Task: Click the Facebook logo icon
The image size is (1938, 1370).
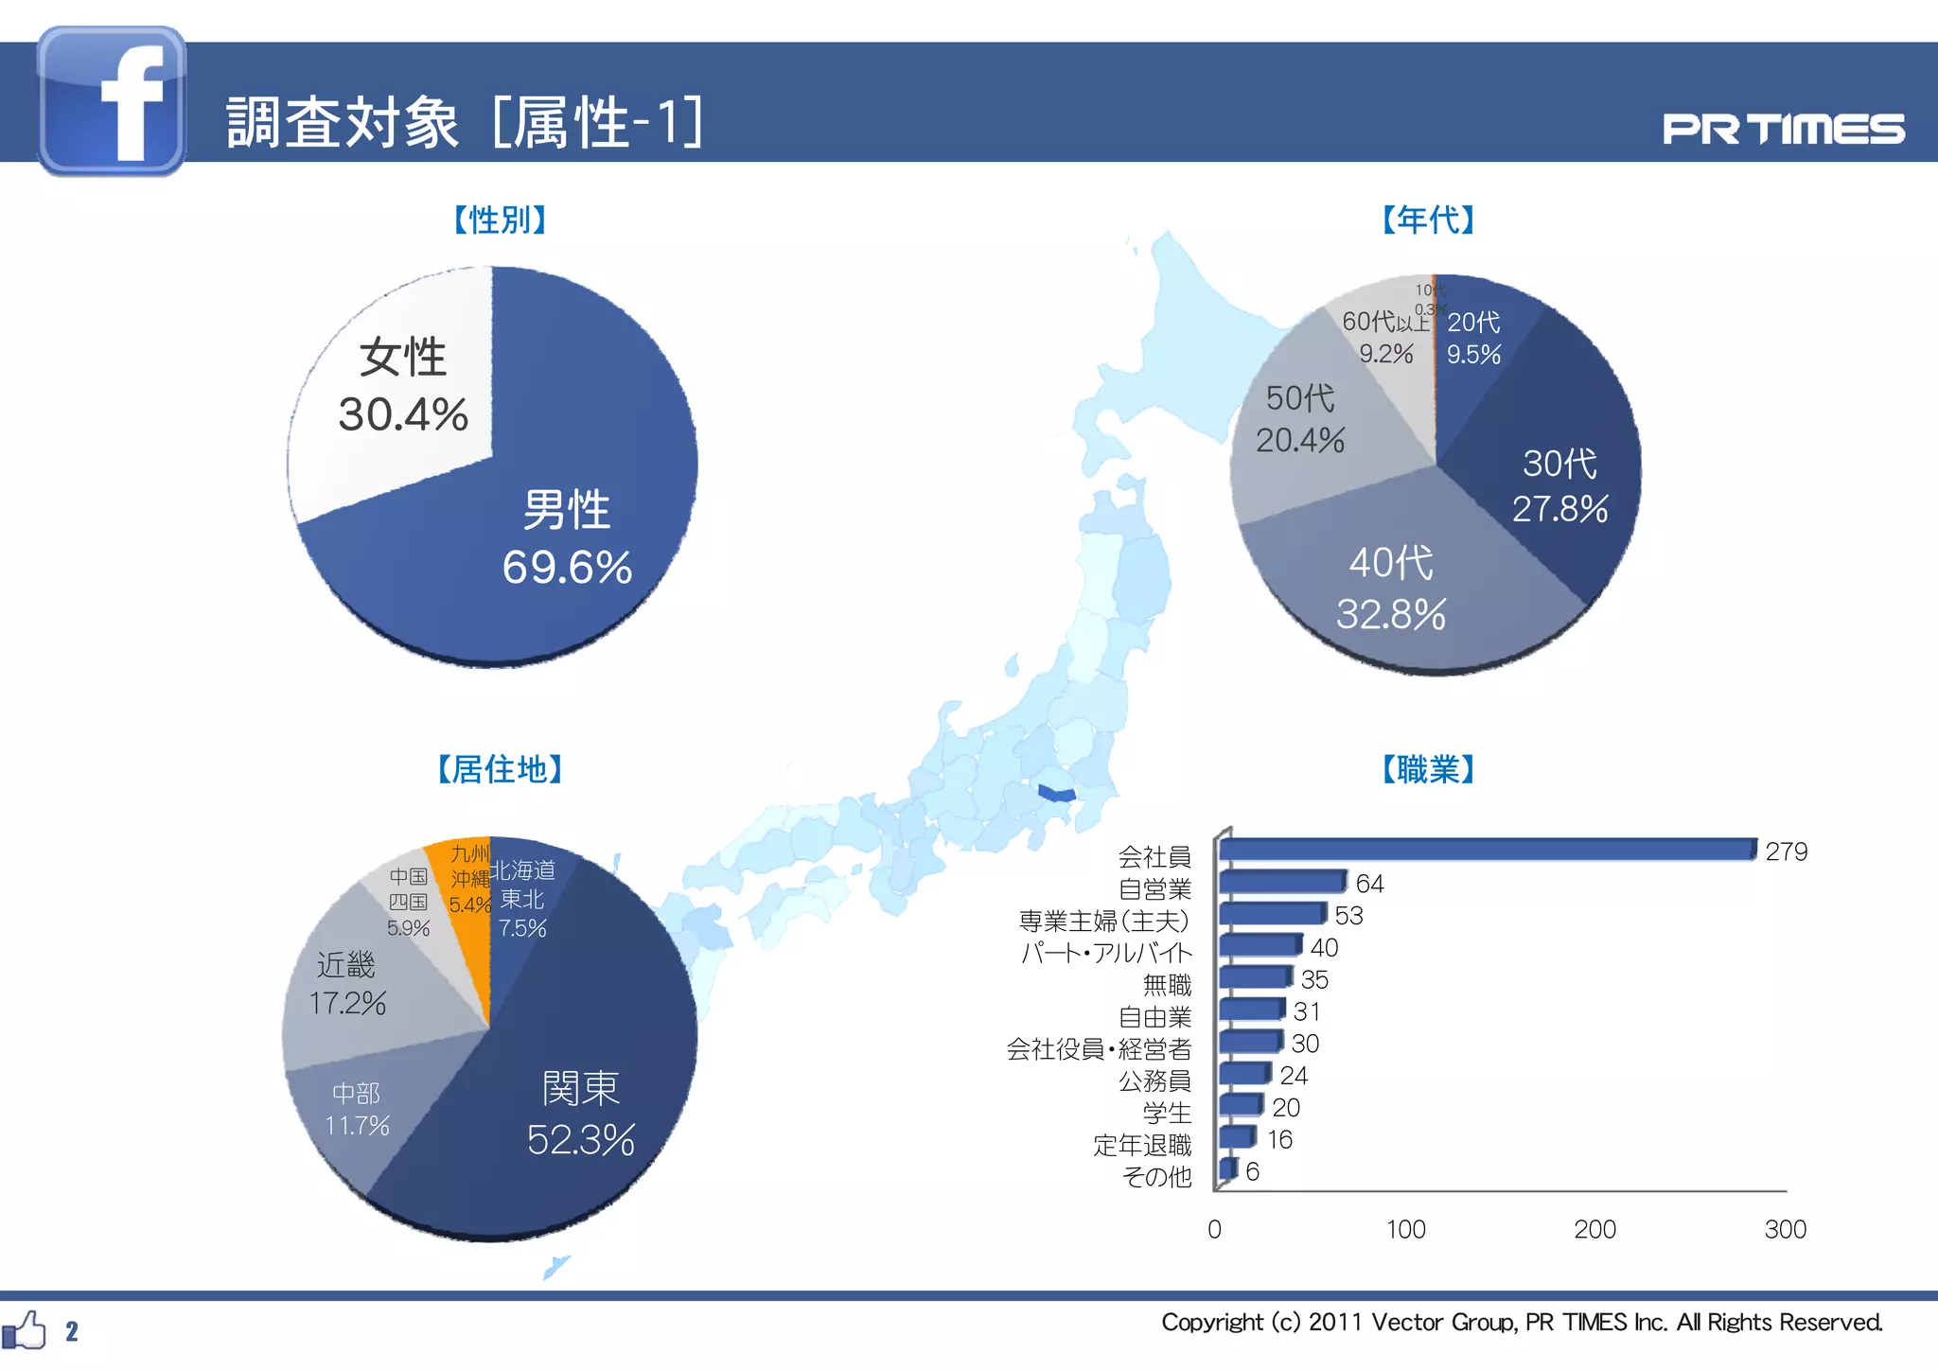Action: point(112,101)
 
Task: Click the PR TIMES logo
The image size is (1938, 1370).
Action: point(1783,130)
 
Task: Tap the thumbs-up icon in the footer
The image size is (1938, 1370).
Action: point(25,1330)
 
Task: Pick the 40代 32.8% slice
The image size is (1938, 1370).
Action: point(1401,587)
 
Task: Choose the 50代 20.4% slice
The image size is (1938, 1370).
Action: point(1306,426)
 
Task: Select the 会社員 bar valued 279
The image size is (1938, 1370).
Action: point(1486,850)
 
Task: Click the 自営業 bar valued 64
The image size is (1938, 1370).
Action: point(1282,882)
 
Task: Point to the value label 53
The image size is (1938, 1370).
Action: point(1348,916)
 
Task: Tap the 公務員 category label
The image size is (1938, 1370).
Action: point(1154,1080)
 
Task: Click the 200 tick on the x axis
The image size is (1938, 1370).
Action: point(1594,1229)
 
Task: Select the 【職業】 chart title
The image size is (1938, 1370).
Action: point(1428,769)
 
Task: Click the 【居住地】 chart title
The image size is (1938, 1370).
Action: point(501,769)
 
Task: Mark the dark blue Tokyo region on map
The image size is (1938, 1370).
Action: point(1056,792)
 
